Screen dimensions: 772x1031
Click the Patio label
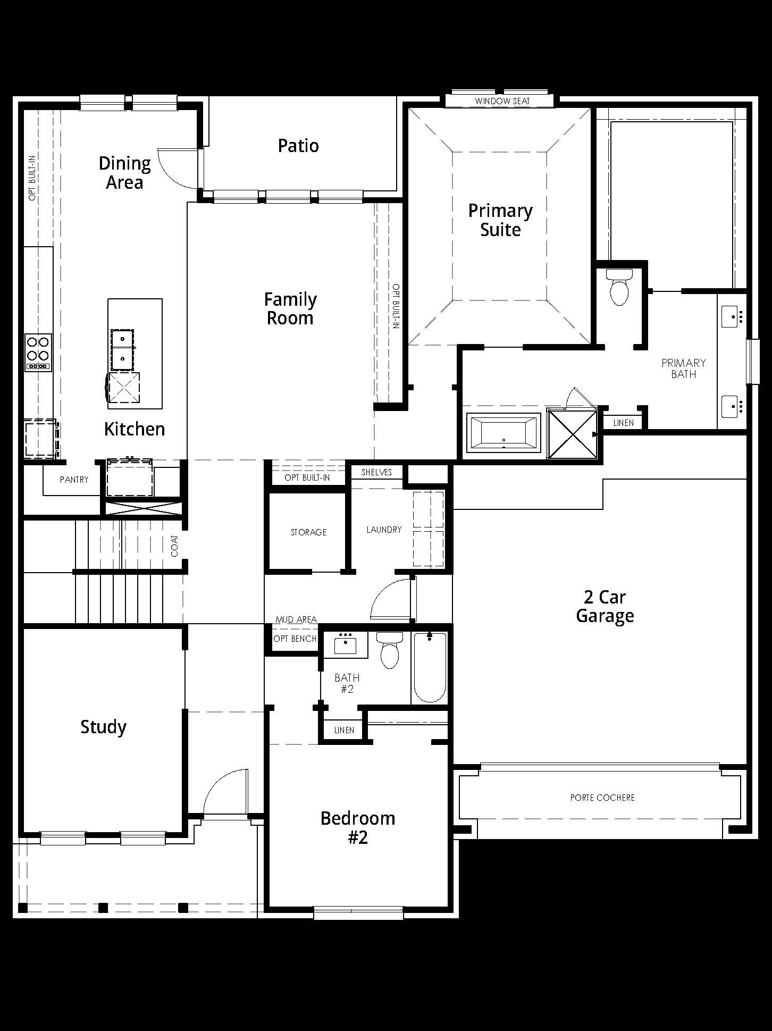pyautogui.click(x=298, y=146)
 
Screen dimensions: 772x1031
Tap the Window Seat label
pyautogui.click(x=502, y=101)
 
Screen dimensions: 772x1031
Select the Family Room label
pyautogui.click(x=290, y=309)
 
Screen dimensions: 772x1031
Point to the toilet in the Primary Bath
pyautogui.click(x=619, y=287)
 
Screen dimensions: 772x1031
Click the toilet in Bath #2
pyautogui.click(x=390, y=650)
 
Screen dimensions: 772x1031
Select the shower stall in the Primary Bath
pyautogui.click(x=572, y=434)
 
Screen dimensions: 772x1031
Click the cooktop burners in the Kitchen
pyautogui.click(x=38, y=352)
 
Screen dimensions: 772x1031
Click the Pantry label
pyautogui.click(x=74, y=480)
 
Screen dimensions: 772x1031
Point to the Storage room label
pyautogui.click(x=308, y=532)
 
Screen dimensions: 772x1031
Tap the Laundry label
pyautogui.click(x=384, y=530)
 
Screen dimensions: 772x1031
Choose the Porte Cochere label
pyautogui.click(x=602, y=798)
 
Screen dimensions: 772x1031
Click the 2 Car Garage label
pyautogui.click(x=605, y=607)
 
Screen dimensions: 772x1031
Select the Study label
pyautogui.click(x=103, y=727)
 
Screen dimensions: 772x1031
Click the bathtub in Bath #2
pyautogui.click(x=430, y=668)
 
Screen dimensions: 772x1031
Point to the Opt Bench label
pyautogui.click(x=295, y=639)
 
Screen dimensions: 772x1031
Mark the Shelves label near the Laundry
pyautogui.click(x=376, y=472)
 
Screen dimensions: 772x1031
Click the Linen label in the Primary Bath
pyautogui.click(x=624, y=423)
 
